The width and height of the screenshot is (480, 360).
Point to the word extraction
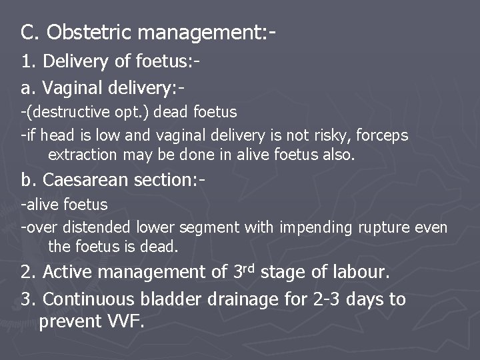79,155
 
